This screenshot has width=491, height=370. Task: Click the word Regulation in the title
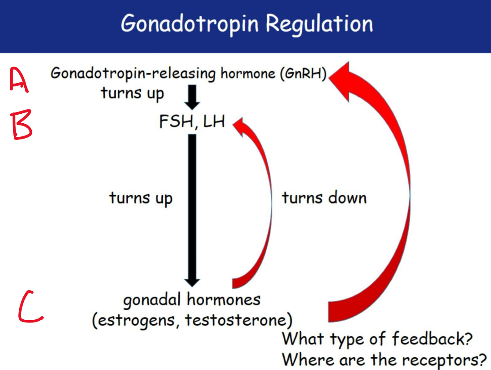point(320,23)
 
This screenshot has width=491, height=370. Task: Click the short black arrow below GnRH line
point(192,97)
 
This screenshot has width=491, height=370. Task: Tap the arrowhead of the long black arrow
point(192,282)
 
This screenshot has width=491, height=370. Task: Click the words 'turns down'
point(324,198)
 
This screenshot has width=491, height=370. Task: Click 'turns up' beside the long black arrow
point(141,198)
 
